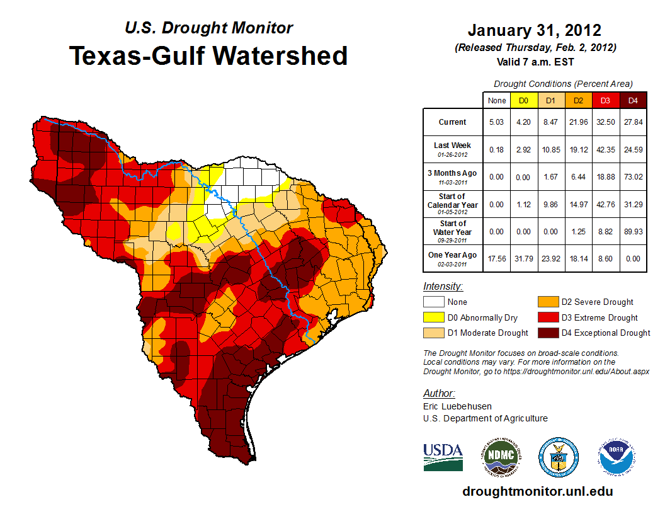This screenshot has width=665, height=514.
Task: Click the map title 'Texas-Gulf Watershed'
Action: tap(208, 55)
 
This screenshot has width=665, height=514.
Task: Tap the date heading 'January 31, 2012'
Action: tap(535, 30)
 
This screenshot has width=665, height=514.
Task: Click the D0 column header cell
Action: tap(523, 100)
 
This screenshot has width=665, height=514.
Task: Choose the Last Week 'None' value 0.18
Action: tap(496, 149)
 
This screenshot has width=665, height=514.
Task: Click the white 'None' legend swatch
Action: tap(434, 302)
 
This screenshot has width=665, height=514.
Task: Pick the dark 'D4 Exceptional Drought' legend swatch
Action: tap(547, 333)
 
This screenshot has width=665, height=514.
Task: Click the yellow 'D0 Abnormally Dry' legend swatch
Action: tap(434, 317)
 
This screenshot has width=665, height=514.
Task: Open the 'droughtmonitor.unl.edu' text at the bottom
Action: tap(537, 491)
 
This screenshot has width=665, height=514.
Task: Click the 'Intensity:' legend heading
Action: tap(443, 287)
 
